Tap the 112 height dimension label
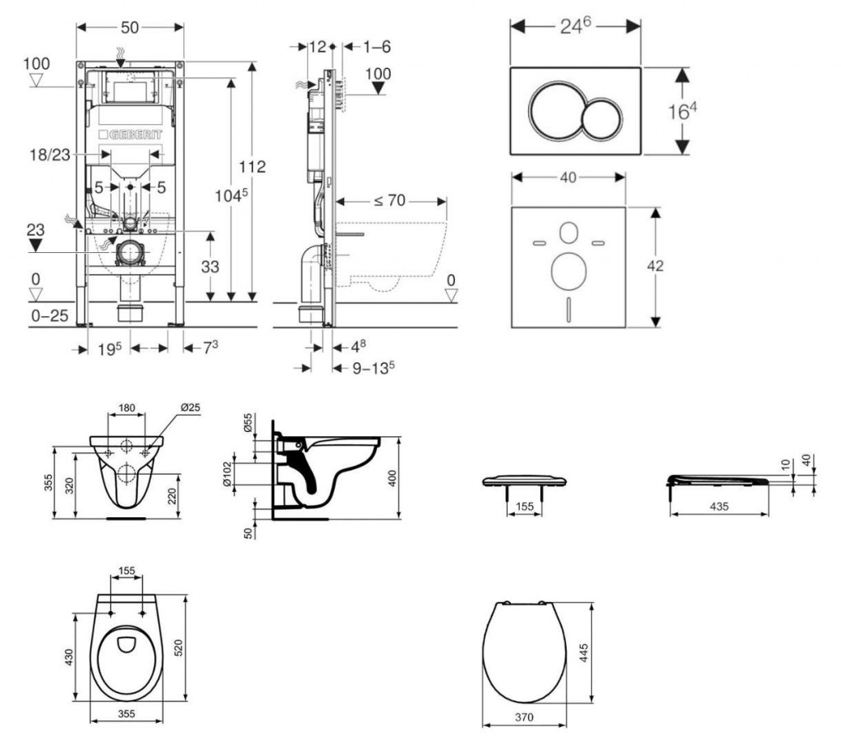(x=253, y=167)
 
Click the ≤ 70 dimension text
(x=390, y=200)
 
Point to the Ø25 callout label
(x=191, y=408)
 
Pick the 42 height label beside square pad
(x=655, y=265)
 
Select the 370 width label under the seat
(x=524, y=717)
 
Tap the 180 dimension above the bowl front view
(x=126, y=408)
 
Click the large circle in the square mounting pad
(x=567, y=271)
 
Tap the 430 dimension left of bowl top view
(x=70, y=658)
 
